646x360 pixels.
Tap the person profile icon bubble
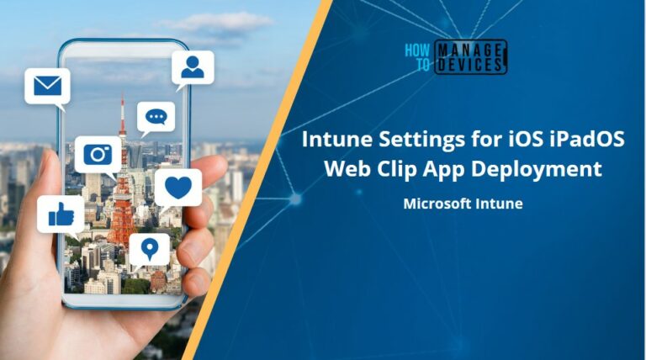click(193, 68)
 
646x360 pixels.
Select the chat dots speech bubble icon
click(156, 117)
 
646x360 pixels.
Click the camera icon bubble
click(98, 154)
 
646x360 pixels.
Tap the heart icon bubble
click(177, 186)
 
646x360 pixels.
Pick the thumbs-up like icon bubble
click(61, 214)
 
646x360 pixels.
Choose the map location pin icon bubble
click(150, 249)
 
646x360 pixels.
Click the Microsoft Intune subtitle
click(463, 203)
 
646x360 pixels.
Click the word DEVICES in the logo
click(470, 65)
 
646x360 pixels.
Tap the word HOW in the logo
click(418, 50)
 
